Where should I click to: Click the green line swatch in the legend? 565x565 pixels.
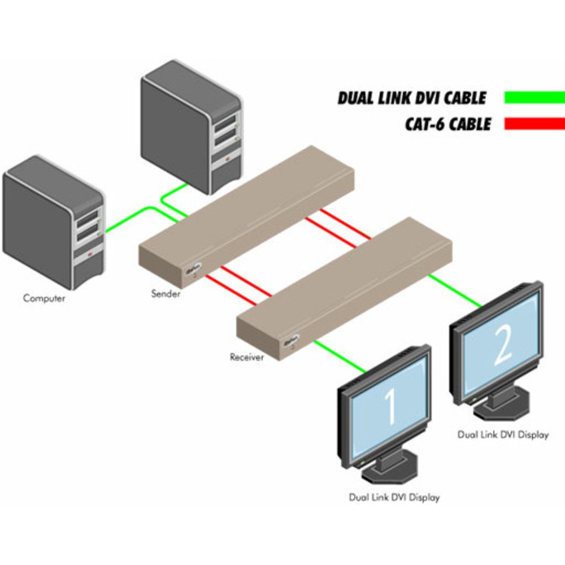click(x=534, y=97)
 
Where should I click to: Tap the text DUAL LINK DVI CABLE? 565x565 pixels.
click(x=411, y=98)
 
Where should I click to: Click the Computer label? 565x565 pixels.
click(x=44, y=298)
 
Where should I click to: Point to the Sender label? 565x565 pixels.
click(x=166, y=294)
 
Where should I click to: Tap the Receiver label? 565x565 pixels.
click(x=247, y=357)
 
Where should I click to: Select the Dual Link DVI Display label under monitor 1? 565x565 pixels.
click(x=394, y=498)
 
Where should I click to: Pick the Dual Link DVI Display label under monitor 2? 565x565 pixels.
click(x=503, y=435)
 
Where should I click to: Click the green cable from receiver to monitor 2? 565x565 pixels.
click(x=455, y=291)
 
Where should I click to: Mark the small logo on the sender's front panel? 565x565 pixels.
click(x=192, y=271)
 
